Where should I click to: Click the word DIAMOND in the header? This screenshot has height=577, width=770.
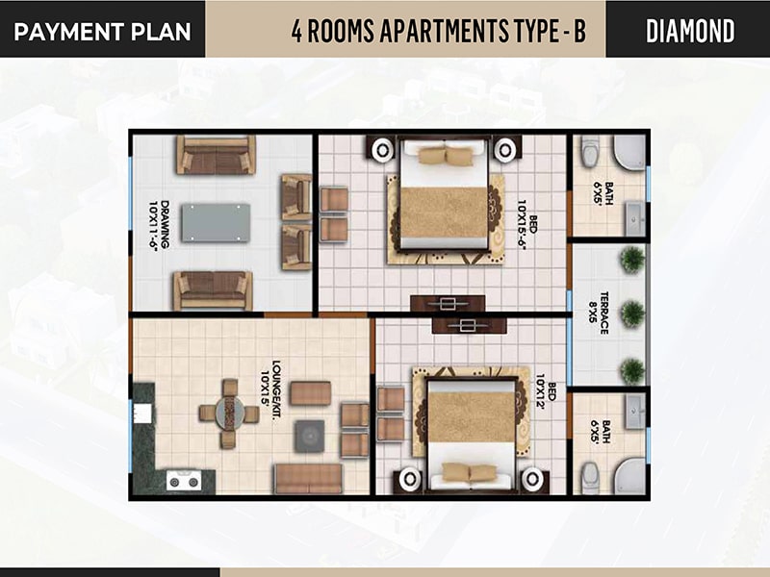(x=690, y=31)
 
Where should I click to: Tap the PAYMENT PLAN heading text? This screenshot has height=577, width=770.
(x=102, y=32)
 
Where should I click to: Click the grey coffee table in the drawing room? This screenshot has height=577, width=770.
(x=216, y=223)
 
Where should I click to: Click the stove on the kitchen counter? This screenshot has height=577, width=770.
(x=184, y=481)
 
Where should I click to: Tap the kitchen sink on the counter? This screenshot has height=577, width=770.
(x=142, y=413)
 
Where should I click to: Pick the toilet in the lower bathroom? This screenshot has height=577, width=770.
(x=590, y=477)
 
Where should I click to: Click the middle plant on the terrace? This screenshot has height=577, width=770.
(x=632, y=312)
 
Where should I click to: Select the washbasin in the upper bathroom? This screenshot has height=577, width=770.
(x=634, y=217)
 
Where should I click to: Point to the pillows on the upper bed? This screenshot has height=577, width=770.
(x=446, y=156)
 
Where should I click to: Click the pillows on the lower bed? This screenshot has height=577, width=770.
(x=470, y=472)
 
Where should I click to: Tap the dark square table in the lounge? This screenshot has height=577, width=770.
(x=309, y=437)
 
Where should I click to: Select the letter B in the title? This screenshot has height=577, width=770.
(x=579, y=31)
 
